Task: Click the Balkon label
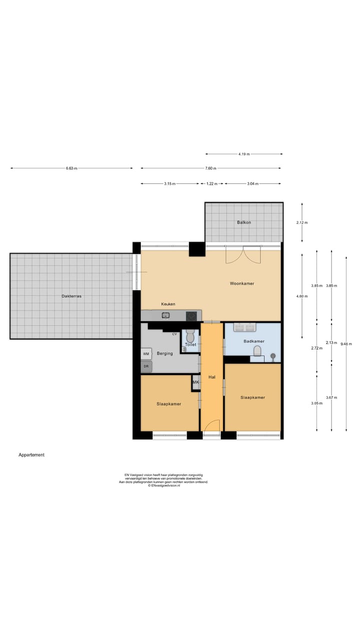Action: [x=243, y=222]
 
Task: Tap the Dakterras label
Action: [x=71, y=296]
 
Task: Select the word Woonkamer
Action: [x=242, y=283]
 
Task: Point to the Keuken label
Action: [x=168, y=304]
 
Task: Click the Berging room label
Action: [x=164, y=353]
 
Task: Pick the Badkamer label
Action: [x=253, y=341]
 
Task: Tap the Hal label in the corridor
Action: [x=212, y=377]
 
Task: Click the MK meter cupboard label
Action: [x=195, y=382]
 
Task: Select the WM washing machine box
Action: [x=146, y=353]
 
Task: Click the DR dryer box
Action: [x=146, y=366]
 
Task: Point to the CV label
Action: [x=174, y=334]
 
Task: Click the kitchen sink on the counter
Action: [x=166, y=315]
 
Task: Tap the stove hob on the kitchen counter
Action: [x=191, y=315]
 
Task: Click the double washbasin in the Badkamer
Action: [x=245, y=327]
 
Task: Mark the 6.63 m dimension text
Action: [x=71, y=168]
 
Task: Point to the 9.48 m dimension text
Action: [x=346, y=344]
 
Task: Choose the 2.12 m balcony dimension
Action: [x=302, y=222]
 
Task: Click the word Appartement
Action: [x=31, y=455]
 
